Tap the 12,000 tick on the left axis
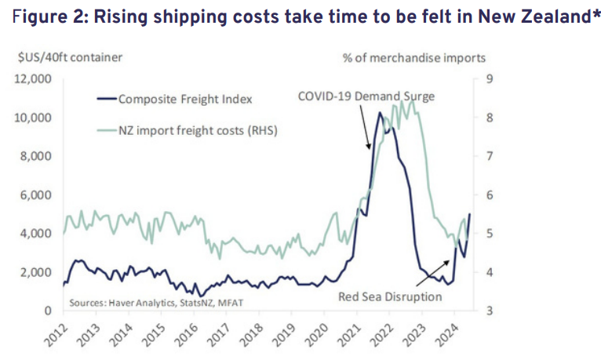33,78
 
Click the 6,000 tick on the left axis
36,195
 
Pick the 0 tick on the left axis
48,311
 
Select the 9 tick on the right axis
491,78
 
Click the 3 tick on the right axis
491,311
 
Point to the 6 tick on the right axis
491,195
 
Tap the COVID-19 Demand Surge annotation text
366,96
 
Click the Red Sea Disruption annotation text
390,296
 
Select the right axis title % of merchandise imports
413,56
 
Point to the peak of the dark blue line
380,113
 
